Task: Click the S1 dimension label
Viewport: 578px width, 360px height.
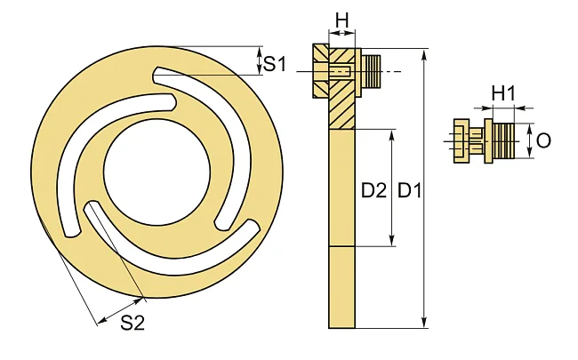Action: coord(275,64)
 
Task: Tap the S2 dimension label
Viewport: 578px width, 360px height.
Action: coord(132,323)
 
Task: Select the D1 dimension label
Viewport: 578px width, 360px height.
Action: coord(410,190)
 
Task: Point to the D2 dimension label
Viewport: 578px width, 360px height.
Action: coord(373,190)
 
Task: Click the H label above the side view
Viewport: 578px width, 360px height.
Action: coord(341,20)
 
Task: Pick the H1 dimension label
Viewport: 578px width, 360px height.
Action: coord(503,93)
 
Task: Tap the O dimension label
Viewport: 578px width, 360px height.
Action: coord(543,140)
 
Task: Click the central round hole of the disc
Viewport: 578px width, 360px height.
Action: coord(157,172)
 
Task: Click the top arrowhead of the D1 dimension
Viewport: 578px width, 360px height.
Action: coord(425,55)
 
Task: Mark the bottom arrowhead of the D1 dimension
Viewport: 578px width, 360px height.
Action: coord(425,322)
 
